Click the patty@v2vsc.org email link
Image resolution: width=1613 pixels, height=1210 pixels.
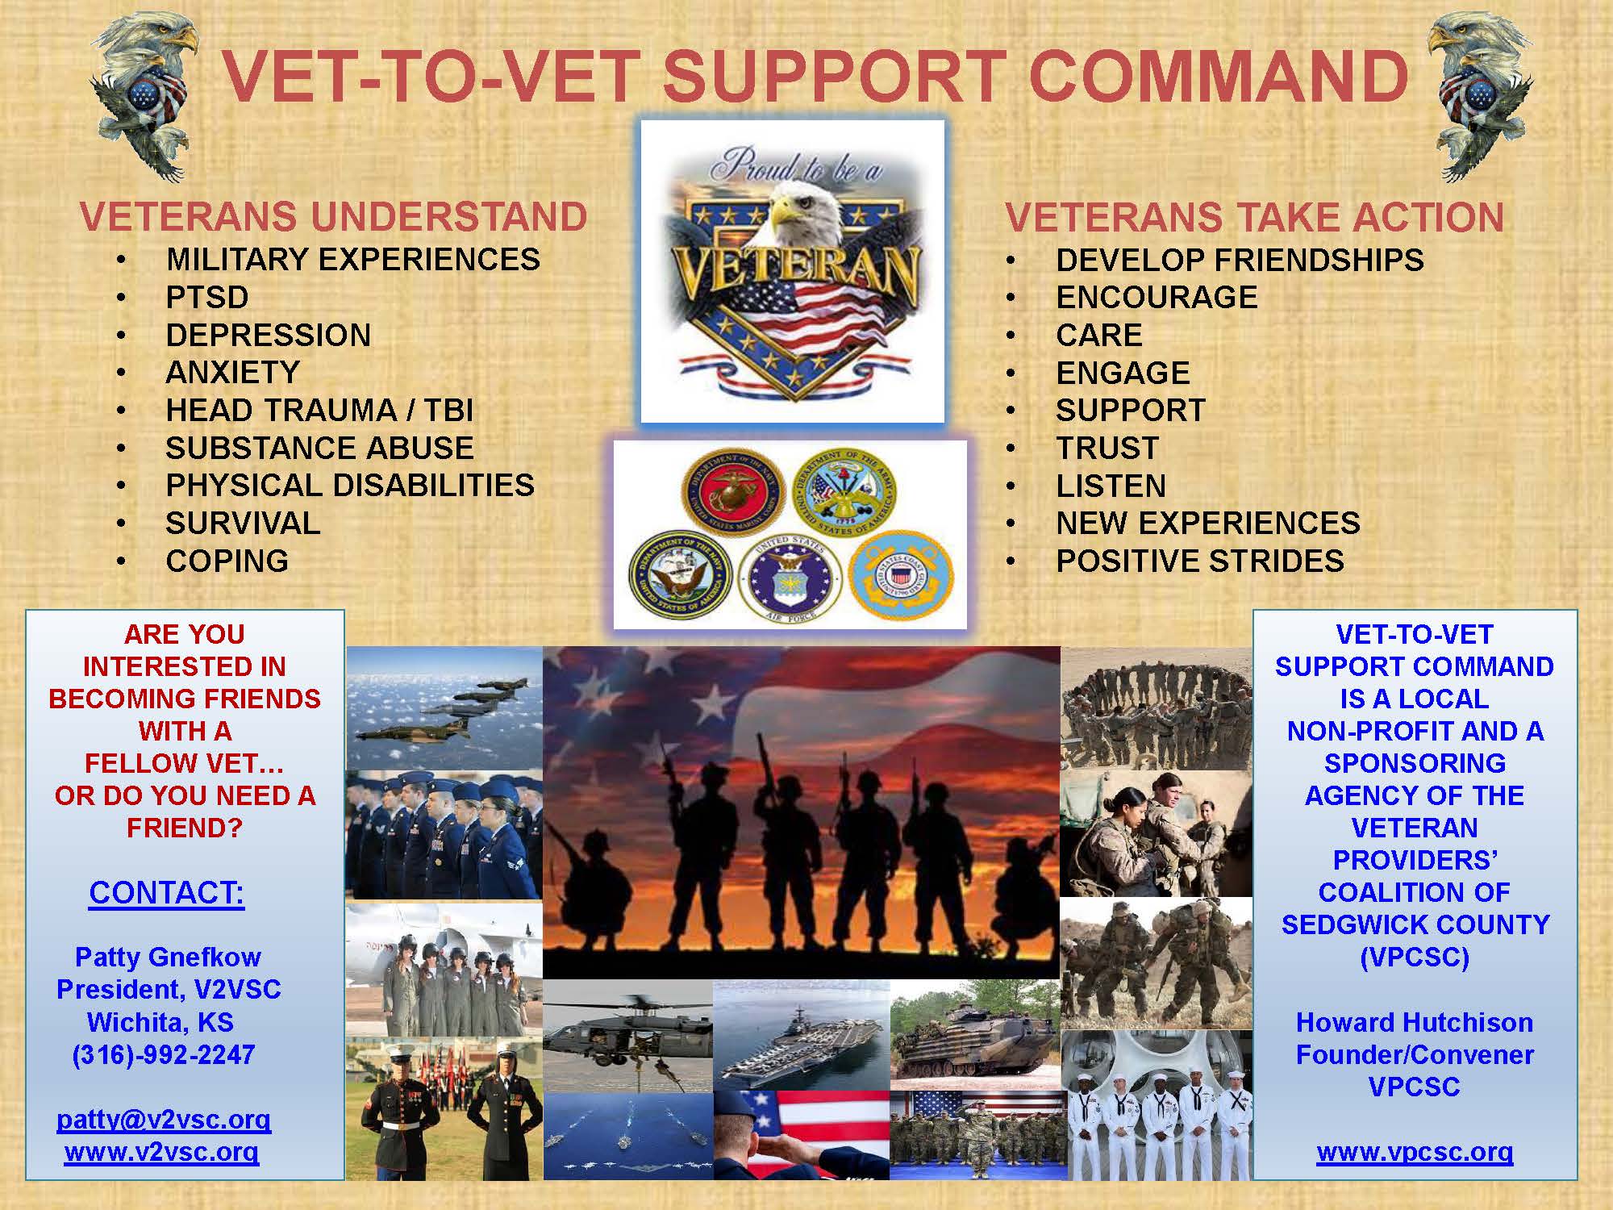point(164,1120)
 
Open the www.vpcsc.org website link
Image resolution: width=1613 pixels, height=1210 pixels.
point(1415,1152)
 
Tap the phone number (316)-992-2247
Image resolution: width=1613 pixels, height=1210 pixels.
point(164,1054)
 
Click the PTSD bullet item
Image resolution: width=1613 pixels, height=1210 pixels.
point(207,298)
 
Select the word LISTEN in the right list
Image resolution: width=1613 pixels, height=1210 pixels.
point(1111,486)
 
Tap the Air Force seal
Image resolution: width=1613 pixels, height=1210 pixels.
point(790,581)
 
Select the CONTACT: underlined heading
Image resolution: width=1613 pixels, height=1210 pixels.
point(166,893)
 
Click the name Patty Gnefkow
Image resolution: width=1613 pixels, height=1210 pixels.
point(168,957)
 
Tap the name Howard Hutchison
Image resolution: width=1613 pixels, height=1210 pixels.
point(1415,1022)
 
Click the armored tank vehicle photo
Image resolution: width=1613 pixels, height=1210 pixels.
point(974,1035)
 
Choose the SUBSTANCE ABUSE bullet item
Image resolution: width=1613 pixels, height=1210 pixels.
point(319,448)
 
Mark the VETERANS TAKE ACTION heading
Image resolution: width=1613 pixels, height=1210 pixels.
point(1254,217)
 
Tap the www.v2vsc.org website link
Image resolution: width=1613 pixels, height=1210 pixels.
point(161,1152)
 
